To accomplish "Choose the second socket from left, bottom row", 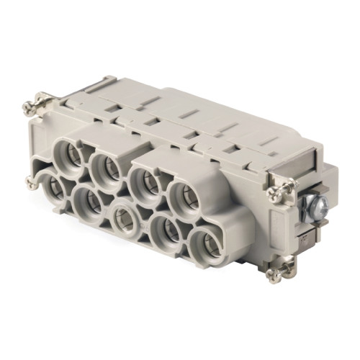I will tap(89, 204).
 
